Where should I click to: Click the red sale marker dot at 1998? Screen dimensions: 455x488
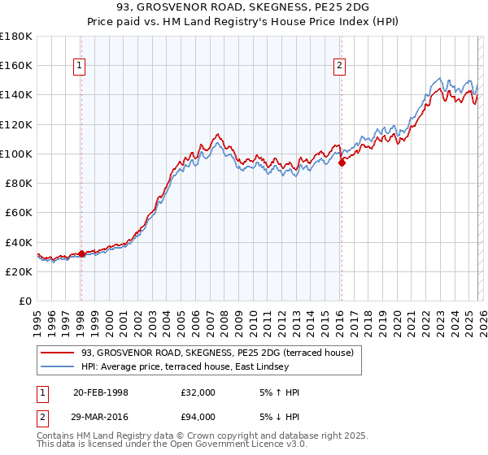tap(81, 253)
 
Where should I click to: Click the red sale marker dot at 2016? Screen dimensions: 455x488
tap(342, 162)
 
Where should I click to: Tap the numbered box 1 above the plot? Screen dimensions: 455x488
tap(81, 67)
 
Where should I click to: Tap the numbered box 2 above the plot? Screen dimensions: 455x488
tap(339, 67)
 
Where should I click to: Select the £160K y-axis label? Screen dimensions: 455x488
tap(16, 65)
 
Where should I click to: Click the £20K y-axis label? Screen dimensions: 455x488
tap(20, 271)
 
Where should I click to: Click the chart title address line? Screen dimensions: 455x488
tap(244, 7)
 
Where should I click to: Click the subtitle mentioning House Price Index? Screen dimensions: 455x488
tap(244, 22)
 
